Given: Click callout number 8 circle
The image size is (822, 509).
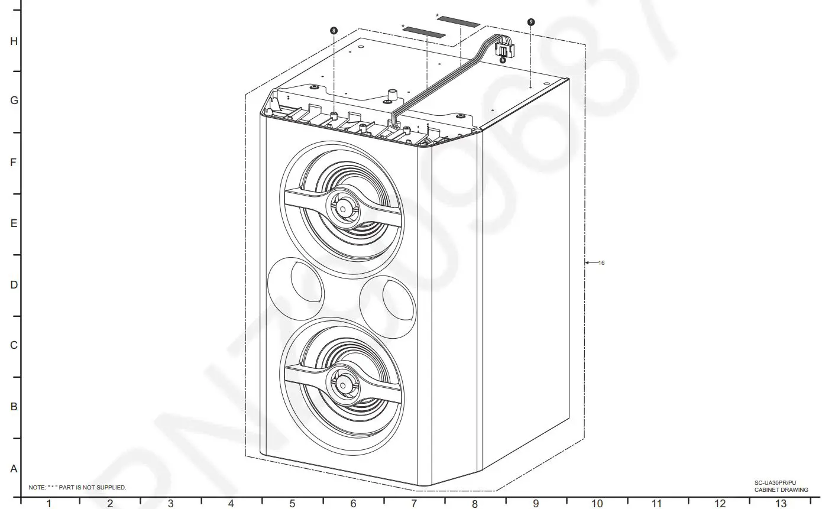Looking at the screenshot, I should [334, 30].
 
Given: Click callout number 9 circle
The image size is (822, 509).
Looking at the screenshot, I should [531, 22].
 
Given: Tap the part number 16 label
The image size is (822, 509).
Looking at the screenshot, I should [601, 262].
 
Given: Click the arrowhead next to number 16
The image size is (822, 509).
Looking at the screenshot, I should [587, 262].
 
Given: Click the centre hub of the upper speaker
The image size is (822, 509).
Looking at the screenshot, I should [342, 208].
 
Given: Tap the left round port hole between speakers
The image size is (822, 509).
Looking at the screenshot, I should [296, 290].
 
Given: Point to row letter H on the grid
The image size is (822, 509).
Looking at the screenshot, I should [14, 41].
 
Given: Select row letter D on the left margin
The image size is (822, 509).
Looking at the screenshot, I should [14, 285].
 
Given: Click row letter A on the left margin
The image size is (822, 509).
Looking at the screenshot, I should [14, 469].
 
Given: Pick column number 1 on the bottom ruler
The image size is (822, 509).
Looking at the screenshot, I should [49, 504].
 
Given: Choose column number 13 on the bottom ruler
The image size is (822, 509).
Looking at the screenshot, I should [781, 504].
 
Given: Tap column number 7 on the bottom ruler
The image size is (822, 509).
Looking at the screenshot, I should [414, 504].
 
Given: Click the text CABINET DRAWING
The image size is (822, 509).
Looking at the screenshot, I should [781, 490].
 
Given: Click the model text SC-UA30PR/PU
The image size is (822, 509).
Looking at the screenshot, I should [775, 483].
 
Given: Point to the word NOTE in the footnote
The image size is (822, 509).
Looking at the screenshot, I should [37, 488].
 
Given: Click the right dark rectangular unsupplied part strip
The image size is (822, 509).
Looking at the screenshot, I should [458, 22].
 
